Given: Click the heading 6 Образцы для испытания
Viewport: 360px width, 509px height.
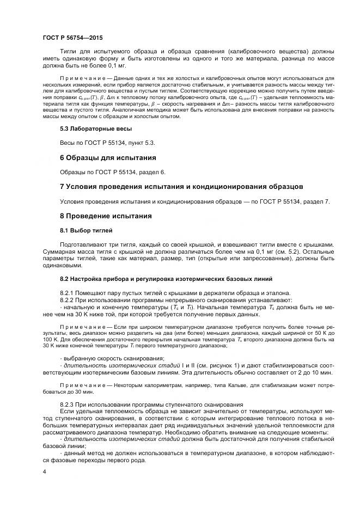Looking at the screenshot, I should (108, 157).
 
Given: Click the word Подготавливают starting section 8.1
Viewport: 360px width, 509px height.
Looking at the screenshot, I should (87, 245).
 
